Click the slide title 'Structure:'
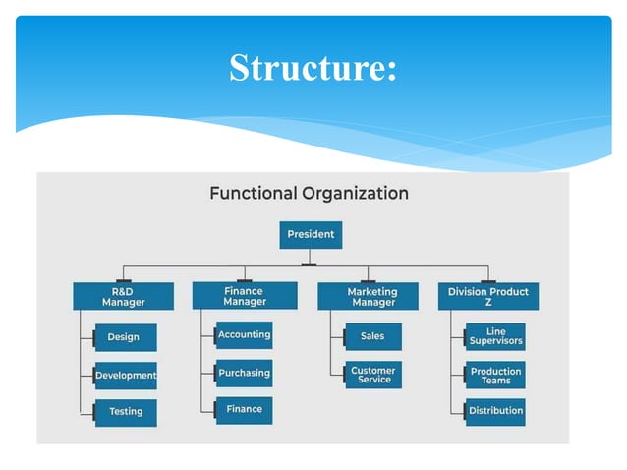click(313, 67)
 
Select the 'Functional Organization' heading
click(309, 193)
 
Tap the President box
click(311, 235)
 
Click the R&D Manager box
click(124, 296)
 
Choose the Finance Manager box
click(245, 295)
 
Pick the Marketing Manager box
click(369, 296)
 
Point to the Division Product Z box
click(488, 296)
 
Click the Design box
click(124, 337)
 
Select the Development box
click(126, 375)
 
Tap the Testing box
click(126, 411)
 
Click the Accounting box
click(244, 335)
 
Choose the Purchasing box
click(244, 373)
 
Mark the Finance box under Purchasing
click(244, 408)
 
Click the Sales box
click(372, 336)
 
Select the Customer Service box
click(373, 375)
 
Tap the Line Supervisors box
click(495, 336)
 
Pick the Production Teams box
click(495, 375)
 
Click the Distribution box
click(495, 411)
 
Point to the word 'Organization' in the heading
click(354, 193)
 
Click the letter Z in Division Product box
click(488, 303)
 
